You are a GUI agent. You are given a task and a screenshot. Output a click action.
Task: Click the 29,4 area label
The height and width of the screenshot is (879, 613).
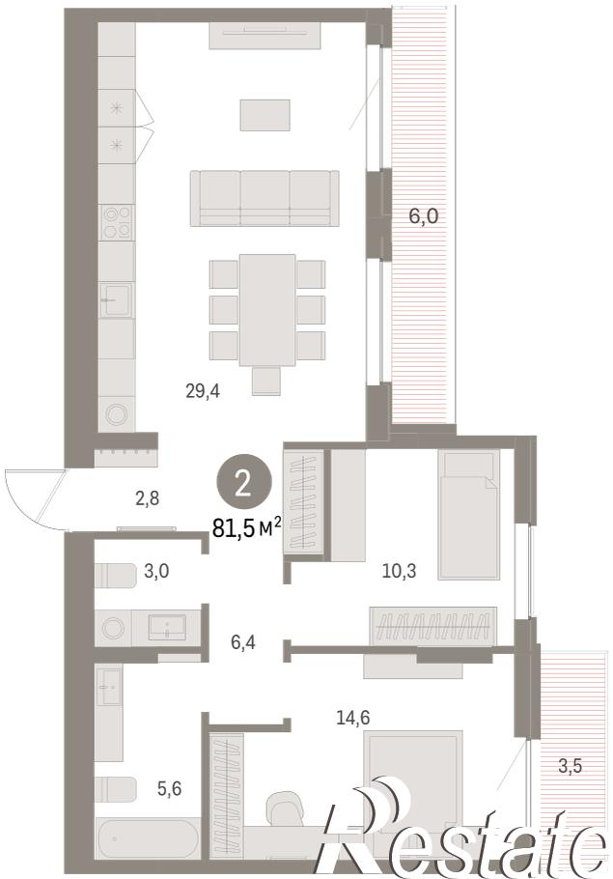coord(203,391)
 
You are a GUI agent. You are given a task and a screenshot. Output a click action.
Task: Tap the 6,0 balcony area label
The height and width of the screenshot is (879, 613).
coord(423,215)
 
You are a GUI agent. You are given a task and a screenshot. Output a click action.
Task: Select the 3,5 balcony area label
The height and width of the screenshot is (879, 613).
coord(570,766)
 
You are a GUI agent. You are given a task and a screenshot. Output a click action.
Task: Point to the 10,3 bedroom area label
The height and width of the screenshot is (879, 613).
coord(399,571)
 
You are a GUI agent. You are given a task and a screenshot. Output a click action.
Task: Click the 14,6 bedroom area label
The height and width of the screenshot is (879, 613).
coord(353,717)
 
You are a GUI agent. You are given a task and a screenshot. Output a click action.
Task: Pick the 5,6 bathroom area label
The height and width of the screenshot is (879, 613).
coord(169,789)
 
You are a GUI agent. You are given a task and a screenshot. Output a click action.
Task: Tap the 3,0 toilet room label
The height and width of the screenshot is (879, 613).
coord(156,571)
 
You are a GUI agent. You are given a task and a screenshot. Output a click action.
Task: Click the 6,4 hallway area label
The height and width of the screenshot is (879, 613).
coord(243,642)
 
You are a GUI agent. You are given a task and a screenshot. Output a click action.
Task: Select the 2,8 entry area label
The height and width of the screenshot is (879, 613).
coord(148,497)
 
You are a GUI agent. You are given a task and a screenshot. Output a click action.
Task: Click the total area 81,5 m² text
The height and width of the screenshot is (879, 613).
coord(246,527)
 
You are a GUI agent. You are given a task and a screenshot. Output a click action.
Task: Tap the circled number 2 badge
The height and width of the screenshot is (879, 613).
coord(243,483)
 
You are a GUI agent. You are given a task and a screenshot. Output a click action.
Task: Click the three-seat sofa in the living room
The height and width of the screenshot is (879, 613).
coord(265,198)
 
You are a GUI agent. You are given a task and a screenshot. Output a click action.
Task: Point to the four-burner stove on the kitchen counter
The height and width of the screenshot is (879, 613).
coord(117,222)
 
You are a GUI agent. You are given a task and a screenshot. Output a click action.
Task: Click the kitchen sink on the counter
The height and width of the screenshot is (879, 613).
coord(117,299)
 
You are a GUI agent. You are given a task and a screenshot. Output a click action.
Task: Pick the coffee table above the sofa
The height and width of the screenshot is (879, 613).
coord(265,115)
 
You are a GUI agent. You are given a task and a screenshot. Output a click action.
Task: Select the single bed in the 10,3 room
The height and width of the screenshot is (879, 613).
coord(468,514)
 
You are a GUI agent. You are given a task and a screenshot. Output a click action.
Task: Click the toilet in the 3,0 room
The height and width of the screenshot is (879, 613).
coord(116,576)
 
